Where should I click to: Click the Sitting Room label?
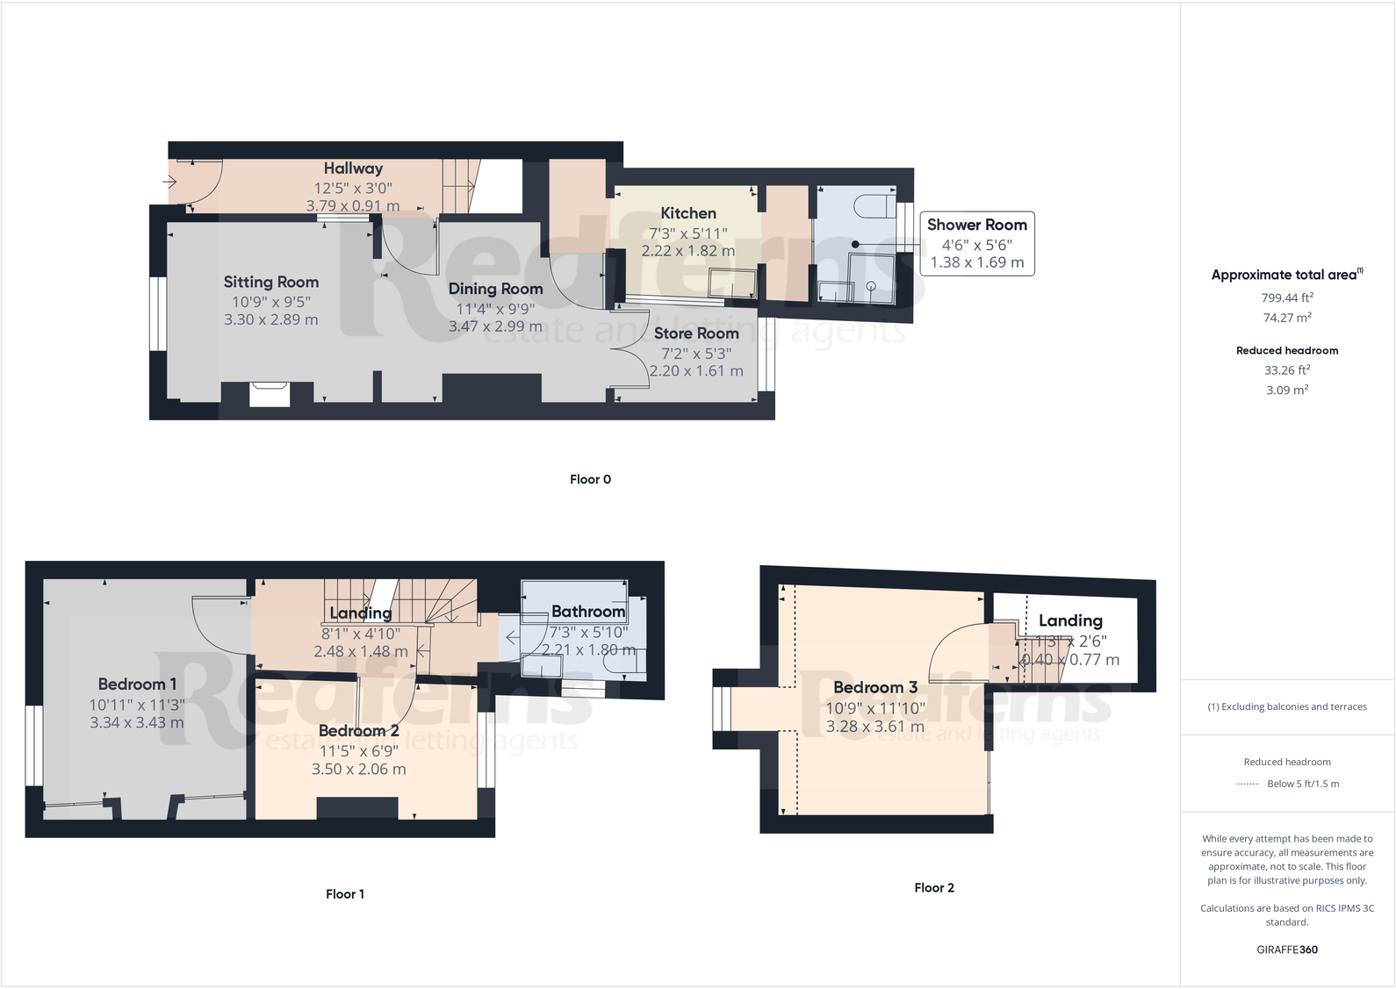coord(270,282)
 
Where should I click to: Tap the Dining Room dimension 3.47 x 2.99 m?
coord(495,326)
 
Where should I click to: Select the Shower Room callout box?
coord(976,243)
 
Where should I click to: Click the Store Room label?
coord(695,333)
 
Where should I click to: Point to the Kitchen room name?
coord(687,213)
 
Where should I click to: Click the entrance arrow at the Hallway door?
coord(169,182)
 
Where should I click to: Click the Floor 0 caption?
coord(590,479)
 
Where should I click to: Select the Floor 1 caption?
coord(344,894)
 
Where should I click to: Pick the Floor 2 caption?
coord(933,888)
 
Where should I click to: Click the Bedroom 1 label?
coord(137,684)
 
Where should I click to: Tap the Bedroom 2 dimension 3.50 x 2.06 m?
coord(358,769)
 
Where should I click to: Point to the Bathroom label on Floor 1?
coord(587,612)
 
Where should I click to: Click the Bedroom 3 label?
coord(874,687)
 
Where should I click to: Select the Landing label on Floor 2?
coord(1069,620)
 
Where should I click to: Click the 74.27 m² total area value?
coord(1286,318)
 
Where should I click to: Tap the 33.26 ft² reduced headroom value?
coord(1286,370)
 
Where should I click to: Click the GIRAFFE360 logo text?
coord(1286,950)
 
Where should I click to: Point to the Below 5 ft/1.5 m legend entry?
coord(1302,784)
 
